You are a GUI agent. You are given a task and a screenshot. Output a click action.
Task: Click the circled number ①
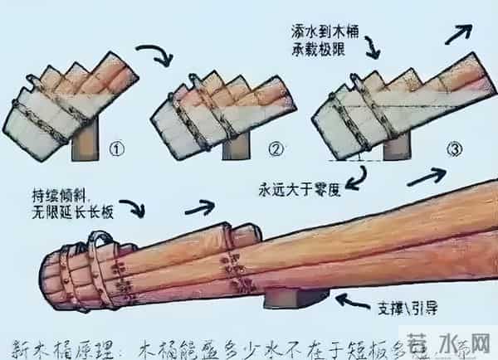click(118, 151)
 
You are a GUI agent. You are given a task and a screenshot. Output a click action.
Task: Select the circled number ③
click(453, 149)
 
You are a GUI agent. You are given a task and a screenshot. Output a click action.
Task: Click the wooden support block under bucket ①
click(86, 140)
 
